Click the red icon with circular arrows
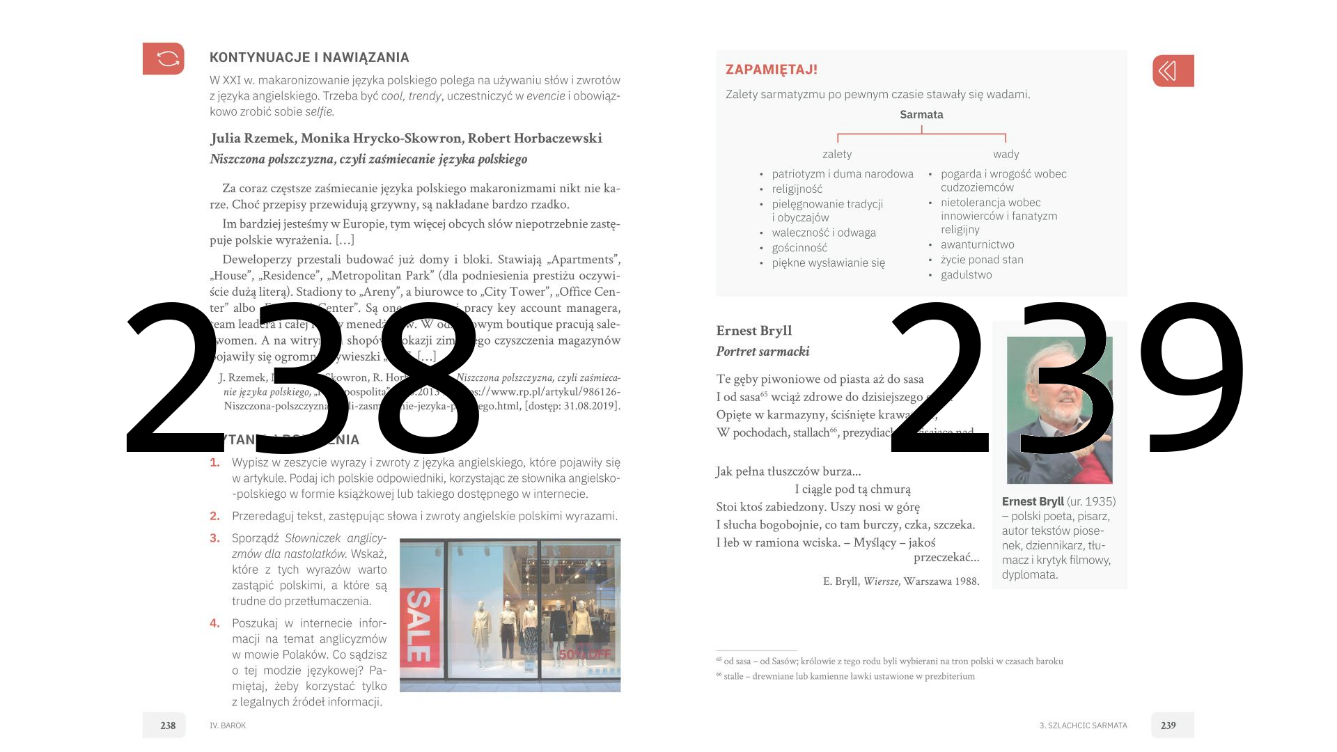click(x=164, y=58)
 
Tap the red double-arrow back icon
click(x=1173, y=71)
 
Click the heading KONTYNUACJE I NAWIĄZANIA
click(x=309, y=58)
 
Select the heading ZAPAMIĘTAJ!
click(x=771, y=70)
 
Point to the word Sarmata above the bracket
click(x=921, y=115)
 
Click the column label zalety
click(x=837, y=155)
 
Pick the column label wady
click(x=1006, y=155)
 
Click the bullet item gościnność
click(x=799, y=248)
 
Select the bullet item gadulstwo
click(x=966, y=275)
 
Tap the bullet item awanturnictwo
click(x=977, y=245)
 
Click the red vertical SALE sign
click(x=419, y=626)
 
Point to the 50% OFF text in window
click(x=584, y=655)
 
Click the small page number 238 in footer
click(x=168, y=726)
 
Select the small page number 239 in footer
click(x=1168, y=726)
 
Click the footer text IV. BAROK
click(x=228, y=726)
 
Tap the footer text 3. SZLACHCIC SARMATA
click(x=1083, y=726)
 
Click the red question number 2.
click(x=215, y=516)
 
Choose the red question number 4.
click(x=215, y=623)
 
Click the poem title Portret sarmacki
click(x=763, y=352)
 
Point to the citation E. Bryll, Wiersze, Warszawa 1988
click(x=900, y=581)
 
